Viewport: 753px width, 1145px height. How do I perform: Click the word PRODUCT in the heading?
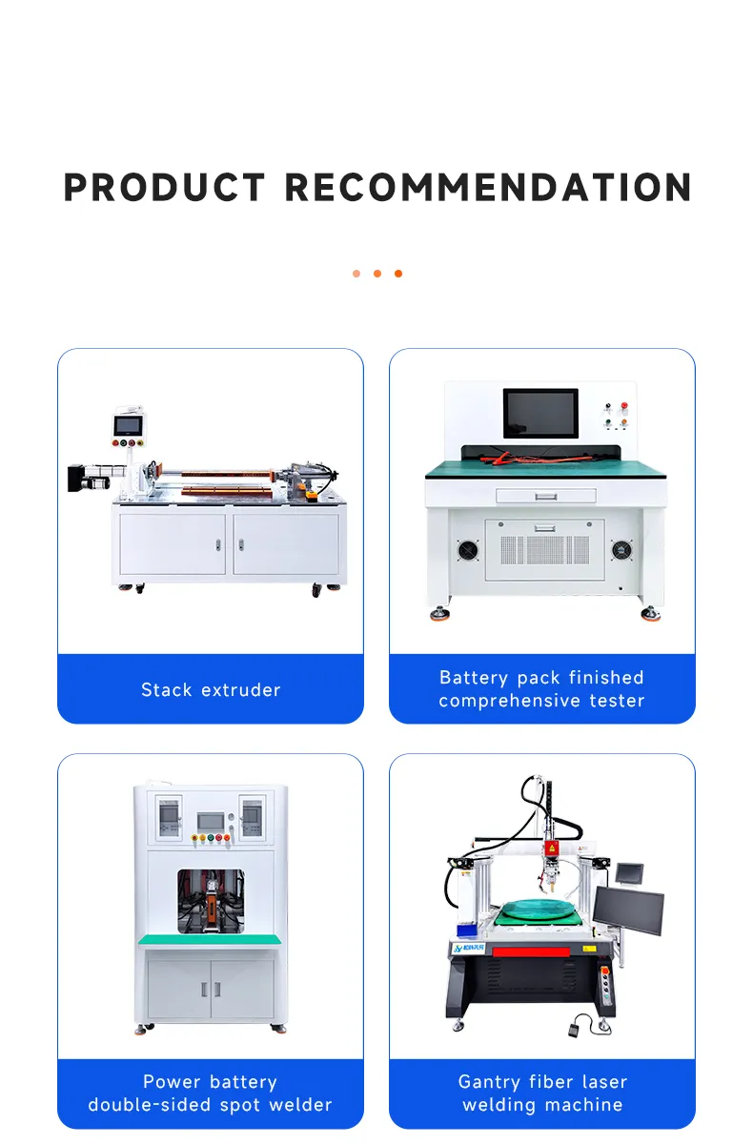pyautogui.click(x=164, y=187)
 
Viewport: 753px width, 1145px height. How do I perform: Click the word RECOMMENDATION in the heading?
pyautogui.click(x=489, y=187)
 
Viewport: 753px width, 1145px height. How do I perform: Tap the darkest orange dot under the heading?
pyautogui.click(x=398, y=274)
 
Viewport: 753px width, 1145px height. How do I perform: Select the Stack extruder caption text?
pyautogui.click(x=211, y=689)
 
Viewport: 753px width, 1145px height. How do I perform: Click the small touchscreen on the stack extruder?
pyautogui.click(x=127, y=422)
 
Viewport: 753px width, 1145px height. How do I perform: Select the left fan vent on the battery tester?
pyautogui.click(x=468, y=551)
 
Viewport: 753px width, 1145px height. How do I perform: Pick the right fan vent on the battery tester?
pyautogui.click(x=621, y=551)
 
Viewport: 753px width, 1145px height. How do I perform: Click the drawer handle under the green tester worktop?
pyautogui.click(x=545, y=496)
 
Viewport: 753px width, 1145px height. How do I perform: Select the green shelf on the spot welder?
pyautogui.click(x=211, y=939)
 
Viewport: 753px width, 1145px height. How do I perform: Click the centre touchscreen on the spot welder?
pyautogui.click(x=210, y=820)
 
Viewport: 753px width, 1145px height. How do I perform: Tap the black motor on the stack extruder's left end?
pyautogui.click(x=76, y=477)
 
